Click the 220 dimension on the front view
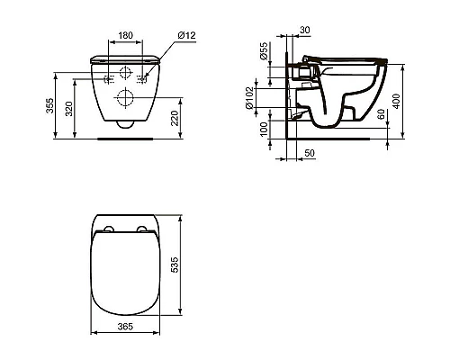tap(184, 116)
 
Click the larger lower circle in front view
tap(126, 97)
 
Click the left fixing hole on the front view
tap(107, 77)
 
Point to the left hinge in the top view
tap(107, 228)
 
